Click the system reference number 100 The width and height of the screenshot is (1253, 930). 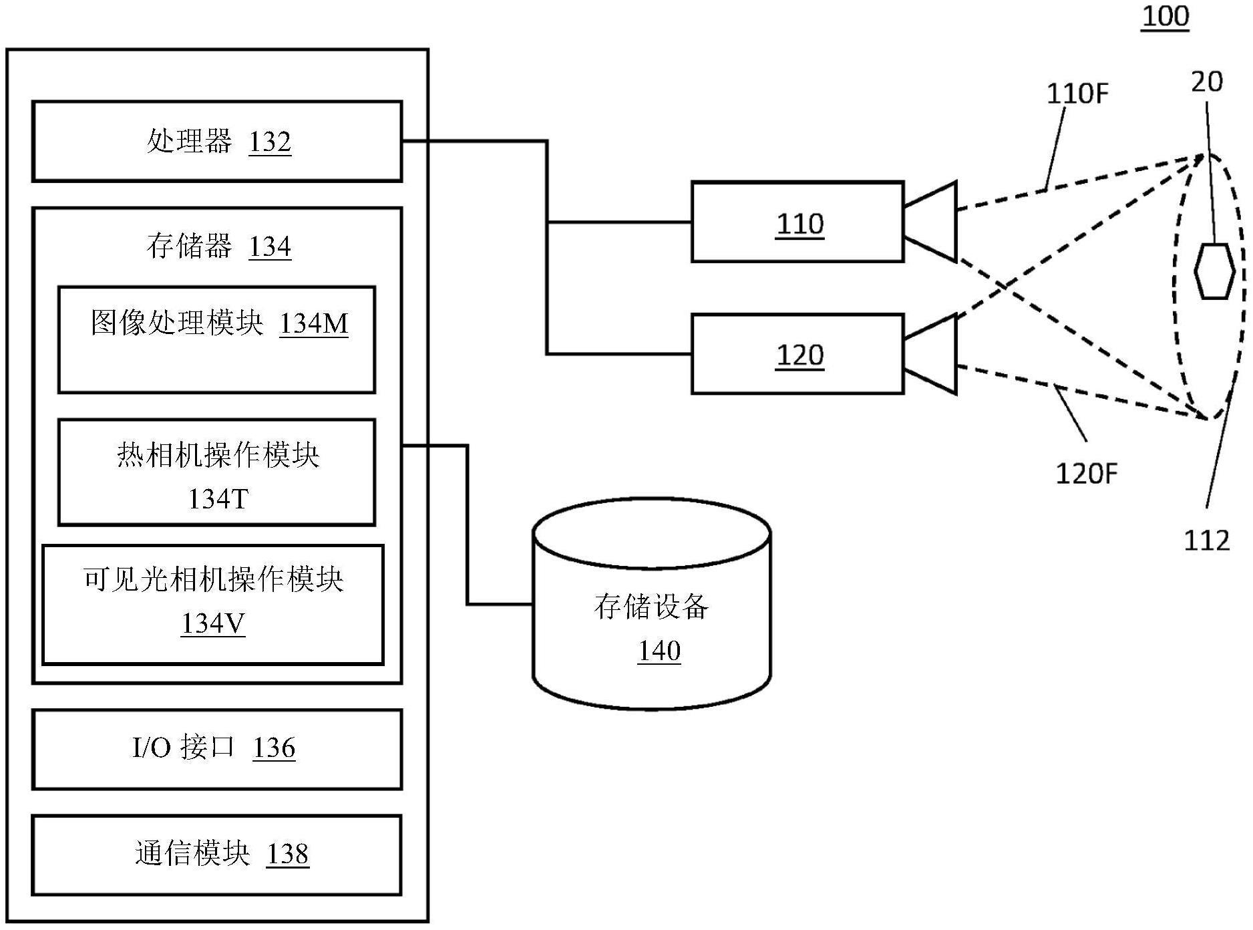click(1166, 16)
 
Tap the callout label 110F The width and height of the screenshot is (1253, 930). click(1077, 94)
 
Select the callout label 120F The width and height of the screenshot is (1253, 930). click(1086, 474)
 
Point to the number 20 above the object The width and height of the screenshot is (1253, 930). click(1207, 82)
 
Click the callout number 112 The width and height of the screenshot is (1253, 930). click(1206, 540)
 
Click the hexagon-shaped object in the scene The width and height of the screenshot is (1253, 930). click(1214, 271)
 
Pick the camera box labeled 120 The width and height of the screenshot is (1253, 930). click(797, 354)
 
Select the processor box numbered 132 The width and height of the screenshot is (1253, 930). click(217, 142)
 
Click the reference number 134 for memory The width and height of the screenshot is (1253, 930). click(270, 247)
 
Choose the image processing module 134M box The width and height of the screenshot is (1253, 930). click(217, 340)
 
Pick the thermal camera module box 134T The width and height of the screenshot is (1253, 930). click(217, 472)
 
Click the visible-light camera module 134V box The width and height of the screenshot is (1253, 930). click(213, 605)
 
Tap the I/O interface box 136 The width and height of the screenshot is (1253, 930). click(217, 749)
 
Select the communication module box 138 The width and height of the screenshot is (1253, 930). click(217, 855)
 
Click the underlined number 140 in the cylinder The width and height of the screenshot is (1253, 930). click(659, 651)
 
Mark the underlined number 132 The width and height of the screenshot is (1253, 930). click(270, 142)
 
